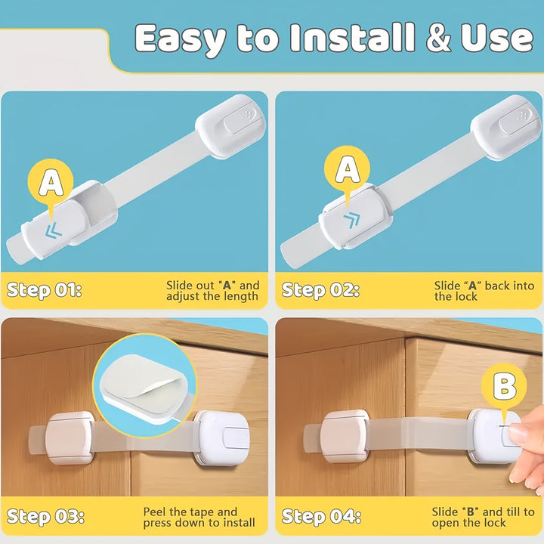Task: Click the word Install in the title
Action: click(353, 38)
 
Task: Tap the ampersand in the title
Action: click(438, 38)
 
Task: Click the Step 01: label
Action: click(44, 290)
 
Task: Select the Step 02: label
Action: click(320, 290)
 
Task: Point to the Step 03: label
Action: click(45, 517)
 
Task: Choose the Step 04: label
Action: click(321, 517)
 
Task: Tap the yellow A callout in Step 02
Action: click(347, 170)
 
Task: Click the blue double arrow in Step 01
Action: click(54, 230)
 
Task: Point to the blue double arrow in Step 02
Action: click(352, 220)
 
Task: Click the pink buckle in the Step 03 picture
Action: click(70, 437)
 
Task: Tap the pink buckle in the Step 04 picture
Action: click(345, 436)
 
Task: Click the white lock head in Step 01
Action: click(230, 126)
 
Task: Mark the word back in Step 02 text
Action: click(498, 286)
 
